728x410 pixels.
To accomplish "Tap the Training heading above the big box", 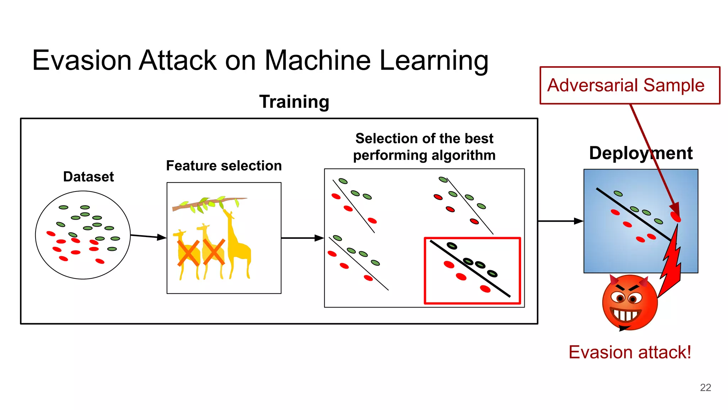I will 294,102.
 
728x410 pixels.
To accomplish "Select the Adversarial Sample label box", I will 630,85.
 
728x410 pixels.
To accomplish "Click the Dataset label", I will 89,177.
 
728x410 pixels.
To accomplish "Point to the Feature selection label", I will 224,166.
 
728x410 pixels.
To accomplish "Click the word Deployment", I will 641,153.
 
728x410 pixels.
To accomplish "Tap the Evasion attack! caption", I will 630,352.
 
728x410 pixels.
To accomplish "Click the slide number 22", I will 705,387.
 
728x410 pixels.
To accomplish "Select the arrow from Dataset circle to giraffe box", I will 148,236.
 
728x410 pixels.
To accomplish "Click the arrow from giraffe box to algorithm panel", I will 302,238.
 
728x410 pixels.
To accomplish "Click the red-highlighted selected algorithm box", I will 472,270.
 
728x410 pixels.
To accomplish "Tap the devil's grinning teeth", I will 626,315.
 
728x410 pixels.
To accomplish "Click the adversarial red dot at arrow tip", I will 675,216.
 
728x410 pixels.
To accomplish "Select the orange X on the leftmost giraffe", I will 188,253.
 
